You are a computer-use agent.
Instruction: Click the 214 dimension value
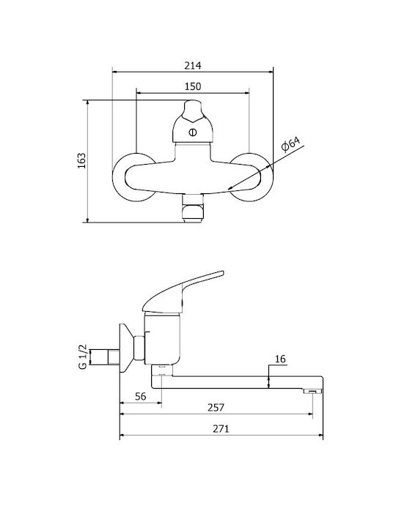pos(193,65)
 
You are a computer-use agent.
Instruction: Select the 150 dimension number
pos(193,86)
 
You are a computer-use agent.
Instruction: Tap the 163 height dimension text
pos(82,161)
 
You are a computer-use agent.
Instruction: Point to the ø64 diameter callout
pos(290,144)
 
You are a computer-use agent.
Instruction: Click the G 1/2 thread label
pos(83,356)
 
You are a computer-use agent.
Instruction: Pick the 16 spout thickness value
pos(280,359)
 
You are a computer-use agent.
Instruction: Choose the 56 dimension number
pos(141,397)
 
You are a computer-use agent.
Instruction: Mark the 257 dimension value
pos(216,408)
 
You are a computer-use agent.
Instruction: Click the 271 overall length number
pos(221,429)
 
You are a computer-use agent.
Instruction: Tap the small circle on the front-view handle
pos(193,132)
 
